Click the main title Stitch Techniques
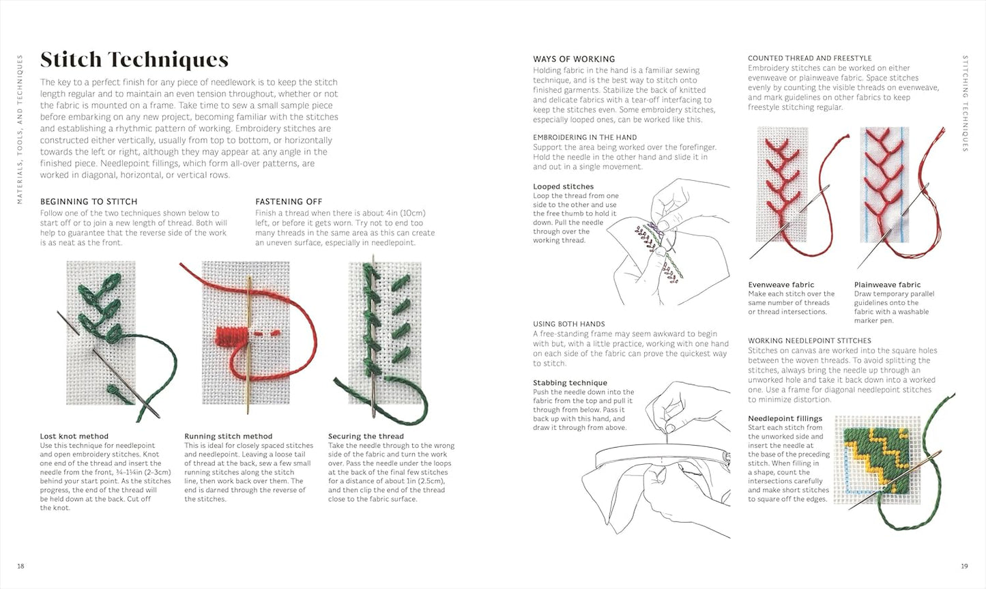pyautogui.click(x=134, y=60)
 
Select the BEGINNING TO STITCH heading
pyautogui.click(x=89, y=201)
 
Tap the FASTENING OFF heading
pyautogui.click(x=289, y=201)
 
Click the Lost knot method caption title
pyautogui.click(x=74, y=436)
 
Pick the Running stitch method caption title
pyautogui.click(x=228, y=436)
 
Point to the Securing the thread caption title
pyautogui.click(x=366, y=436)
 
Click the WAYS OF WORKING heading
pyautogui.click(x=574, y=59)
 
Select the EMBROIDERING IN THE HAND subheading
pyautogui.click(x=585, y=137)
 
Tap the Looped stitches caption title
pyautogui.click(x=563, y=186)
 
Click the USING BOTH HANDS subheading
pyautogui.click(x=569, y=324)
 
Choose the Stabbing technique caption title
pyautogui.click(x=570, y=383)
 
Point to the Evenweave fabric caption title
pyautogui.click(x=781, y=285)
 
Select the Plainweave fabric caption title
pyautogui.click(x=887, y=285)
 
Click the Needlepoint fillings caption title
pyautogui.click(x=785, y=418)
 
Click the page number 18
pyautogui.click(x=20, y=566)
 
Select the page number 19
pyautogui.click(x=964, y=566)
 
